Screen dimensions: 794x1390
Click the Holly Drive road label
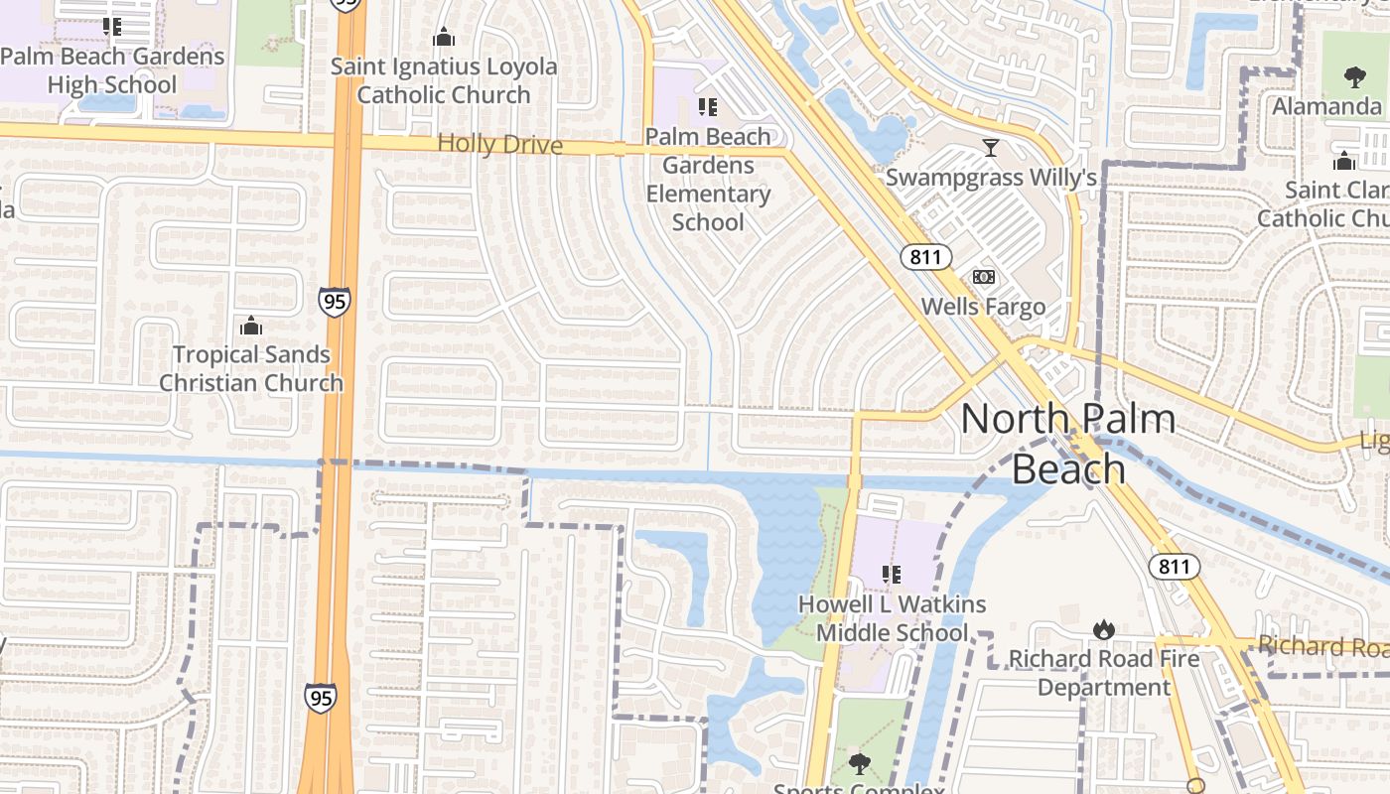[499, 145]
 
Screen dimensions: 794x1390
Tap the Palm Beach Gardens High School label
[112, 70]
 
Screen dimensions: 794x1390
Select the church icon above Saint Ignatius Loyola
[444, 38]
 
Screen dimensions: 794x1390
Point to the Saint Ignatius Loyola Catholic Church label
[444, 81]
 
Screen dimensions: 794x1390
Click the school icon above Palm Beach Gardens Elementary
[708, 106]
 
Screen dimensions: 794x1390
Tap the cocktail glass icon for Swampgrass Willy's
[990, 148]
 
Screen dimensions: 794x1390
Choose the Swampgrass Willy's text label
[990, 178]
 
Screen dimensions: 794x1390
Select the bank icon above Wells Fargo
[983, 277]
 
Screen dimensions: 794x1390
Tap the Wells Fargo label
[983, 307]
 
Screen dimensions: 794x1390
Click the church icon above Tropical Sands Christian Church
[251, 326]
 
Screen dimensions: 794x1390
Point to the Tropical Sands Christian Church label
[251, 368]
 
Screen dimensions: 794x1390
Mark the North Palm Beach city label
[1067, 443]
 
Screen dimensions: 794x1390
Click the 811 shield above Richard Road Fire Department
[1175, 567]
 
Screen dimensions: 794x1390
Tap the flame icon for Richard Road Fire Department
[1103, 629]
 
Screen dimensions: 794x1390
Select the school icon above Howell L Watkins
[892, 574]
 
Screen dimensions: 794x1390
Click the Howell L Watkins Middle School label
[892, 618]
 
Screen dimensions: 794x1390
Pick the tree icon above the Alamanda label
[1354, 76]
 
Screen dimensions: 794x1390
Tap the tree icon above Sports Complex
[859, 763]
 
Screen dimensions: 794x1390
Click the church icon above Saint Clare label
[1345, 160]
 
